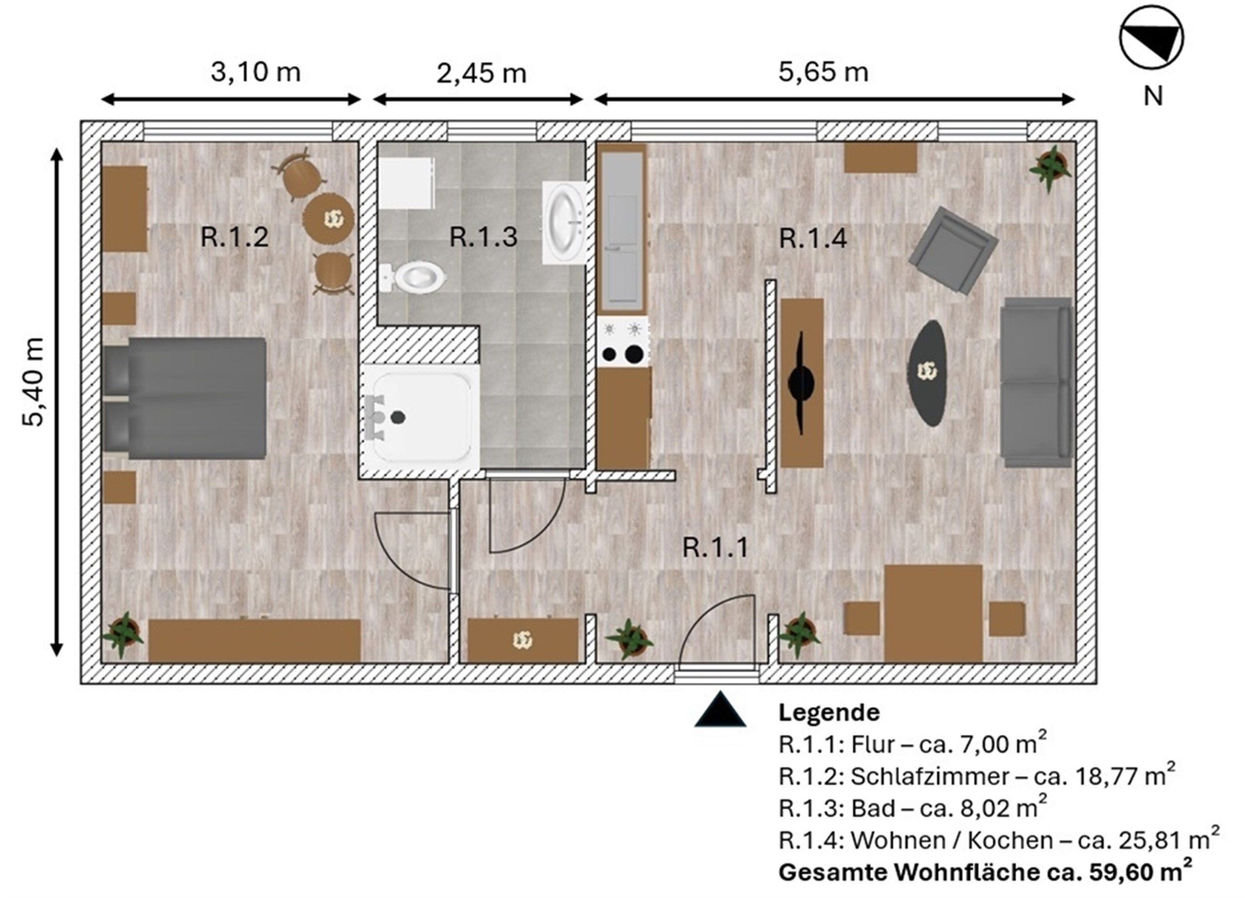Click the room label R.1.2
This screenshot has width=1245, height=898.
click(234, 237)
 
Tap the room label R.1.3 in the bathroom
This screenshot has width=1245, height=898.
click(483, 237)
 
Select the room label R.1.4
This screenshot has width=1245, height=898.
click(813, 239)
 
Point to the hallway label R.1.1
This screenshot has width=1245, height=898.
click(715, 547)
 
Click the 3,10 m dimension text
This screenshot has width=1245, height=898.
click(256, 72)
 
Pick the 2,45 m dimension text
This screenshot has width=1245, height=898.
click(481, 73)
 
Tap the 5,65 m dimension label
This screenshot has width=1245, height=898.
click(823, 72)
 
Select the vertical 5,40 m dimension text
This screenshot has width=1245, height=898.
click(33, 382)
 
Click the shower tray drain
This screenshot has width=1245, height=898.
click(398, 418)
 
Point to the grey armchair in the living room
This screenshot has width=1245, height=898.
click(952, 250)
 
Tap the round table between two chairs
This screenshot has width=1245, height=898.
click(328, 218)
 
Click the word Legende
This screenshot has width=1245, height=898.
click(829, 712)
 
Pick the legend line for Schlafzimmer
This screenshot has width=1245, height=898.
click(977, 776)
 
